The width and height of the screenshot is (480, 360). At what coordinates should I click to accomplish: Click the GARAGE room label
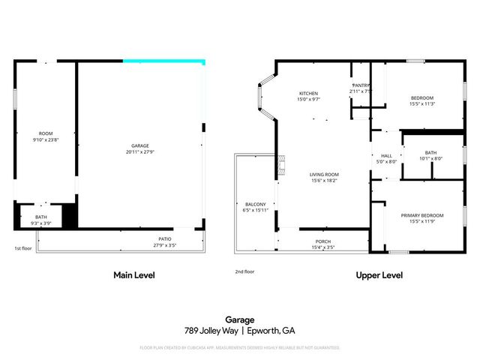(139, 145)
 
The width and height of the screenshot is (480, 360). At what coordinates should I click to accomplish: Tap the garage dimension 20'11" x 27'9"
(139, 152)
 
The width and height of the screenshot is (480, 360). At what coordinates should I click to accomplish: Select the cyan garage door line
(164, 61)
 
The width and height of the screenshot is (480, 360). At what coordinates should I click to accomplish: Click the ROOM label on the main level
(45, 133)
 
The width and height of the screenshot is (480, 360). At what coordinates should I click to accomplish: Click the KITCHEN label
(308, 93)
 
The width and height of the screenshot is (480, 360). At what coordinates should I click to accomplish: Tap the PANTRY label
(361, 85)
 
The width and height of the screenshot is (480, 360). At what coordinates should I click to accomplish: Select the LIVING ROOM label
(324, 174)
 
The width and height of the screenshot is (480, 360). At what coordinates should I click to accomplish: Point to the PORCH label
(324, 241)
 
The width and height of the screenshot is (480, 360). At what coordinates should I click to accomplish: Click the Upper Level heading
(379, 275)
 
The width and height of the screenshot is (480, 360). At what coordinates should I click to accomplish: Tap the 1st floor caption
(23, 248)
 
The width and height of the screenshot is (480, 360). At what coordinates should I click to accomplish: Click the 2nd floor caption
(244, 271)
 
